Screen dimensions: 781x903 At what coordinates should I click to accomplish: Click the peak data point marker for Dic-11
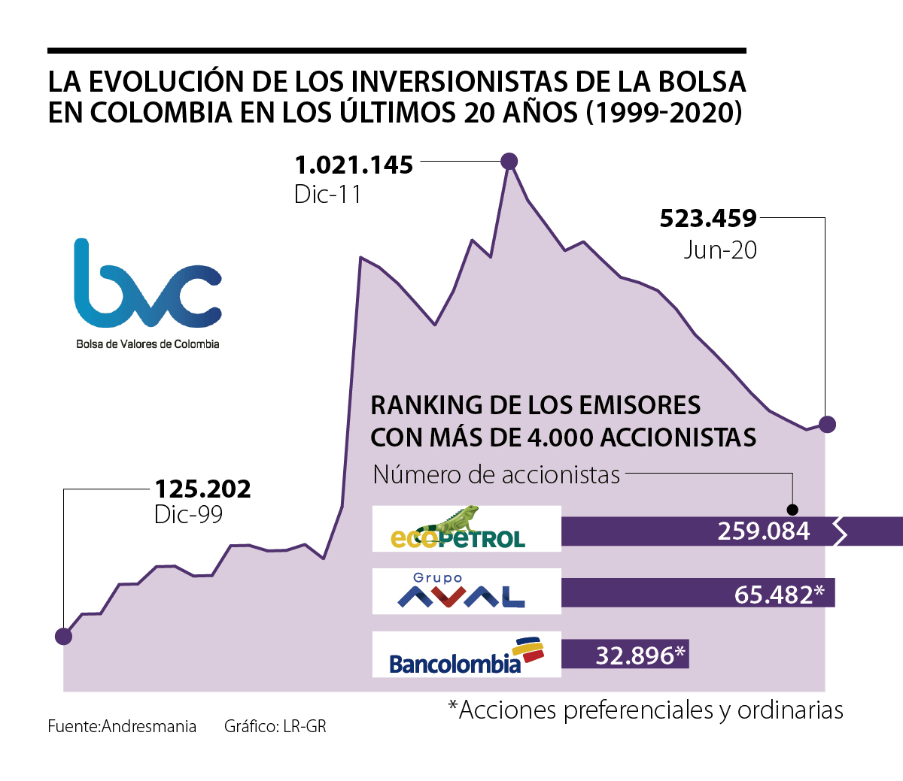coord(509,161)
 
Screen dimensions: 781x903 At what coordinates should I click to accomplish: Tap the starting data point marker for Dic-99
coord(64,636)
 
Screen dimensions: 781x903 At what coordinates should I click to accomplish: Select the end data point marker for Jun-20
coord(827,425)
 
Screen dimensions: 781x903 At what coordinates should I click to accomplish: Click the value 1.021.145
coord(354,165)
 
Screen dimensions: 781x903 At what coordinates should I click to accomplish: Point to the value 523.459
coord(708,219)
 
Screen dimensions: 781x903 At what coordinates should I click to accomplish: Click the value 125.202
coord(202,489)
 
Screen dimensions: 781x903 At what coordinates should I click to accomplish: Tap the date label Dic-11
coord(327,195)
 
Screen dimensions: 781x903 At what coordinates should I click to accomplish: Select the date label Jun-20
coord(720,250)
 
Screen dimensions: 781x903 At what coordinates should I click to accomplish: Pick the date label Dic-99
coord(188,514)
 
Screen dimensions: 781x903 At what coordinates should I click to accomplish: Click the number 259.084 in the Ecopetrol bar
coord(763,531)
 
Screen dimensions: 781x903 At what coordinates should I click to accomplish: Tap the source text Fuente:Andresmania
coord(122,726)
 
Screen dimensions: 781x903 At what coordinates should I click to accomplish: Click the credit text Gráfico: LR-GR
coord(275,726)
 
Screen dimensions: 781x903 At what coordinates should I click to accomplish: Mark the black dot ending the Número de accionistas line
coord(792,509)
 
